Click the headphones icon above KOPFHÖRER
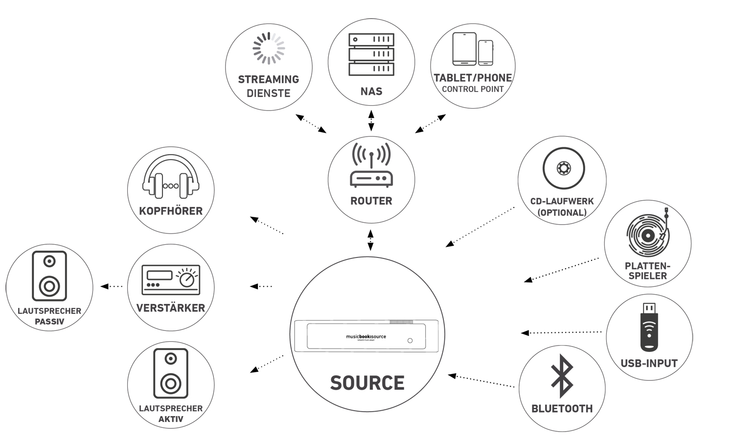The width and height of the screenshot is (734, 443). (x=171, y=179)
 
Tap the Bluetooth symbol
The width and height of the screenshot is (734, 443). (x=562, y=376)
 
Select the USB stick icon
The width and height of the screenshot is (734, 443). (x=649, y=327)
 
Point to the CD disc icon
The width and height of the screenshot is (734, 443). (x=564, y=168)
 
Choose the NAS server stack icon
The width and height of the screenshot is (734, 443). (x=371, y=54)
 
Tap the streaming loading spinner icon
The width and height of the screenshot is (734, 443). (x=269, y=48)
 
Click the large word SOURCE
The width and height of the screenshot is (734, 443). (x=367, y=383)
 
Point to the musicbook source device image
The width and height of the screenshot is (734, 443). (x=367, y=336)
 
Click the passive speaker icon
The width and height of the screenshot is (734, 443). (x=49, y=276)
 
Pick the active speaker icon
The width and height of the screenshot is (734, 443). (x=171, y=373)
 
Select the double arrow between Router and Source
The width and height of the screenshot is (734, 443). (x=370, y=240)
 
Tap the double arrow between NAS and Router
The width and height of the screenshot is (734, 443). (x=371, y=120)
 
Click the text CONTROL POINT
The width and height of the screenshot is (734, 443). (x=473, y=89)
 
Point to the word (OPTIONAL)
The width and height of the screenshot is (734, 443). (x=562, y=212)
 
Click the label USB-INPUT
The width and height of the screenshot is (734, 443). (x=649, y=363)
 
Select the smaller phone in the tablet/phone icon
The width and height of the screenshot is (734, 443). (x=485, y=52)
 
